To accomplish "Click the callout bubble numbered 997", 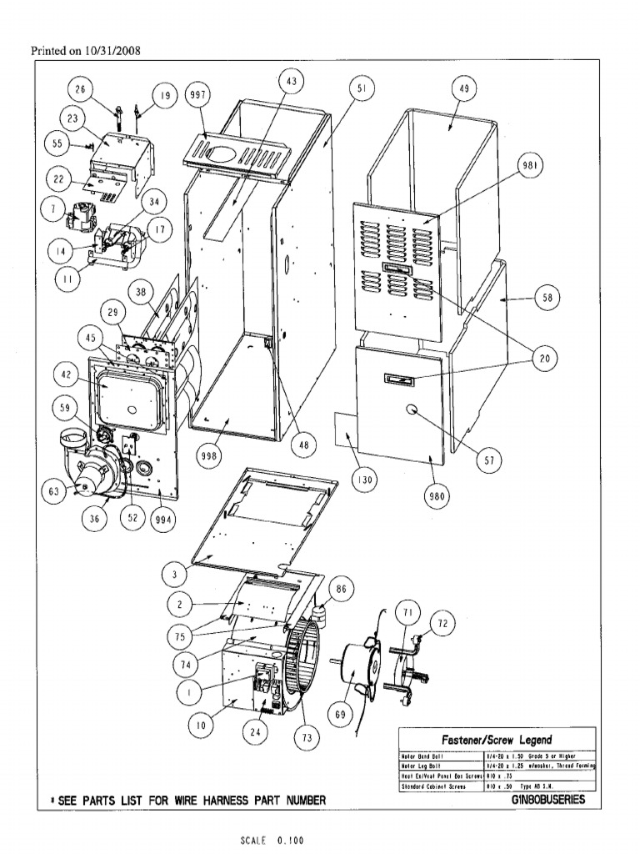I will (197, 94).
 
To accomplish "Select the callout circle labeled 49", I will (462, 89).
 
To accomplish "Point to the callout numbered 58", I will (547, 298).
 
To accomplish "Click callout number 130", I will (364, 480).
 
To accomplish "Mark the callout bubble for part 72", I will (442, 623).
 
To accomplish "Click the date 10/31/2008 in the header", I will (112, 50).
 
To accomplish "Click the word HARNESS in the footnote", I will (188, 801).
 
